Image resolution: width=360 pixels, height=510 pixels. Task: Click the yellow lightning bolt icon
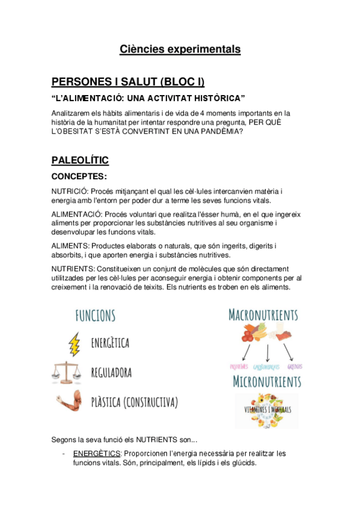75,343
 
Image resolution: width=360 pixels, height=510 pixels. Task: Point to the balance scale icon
67,373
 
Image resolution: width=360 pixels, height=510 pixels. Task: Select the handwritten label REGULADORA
112,373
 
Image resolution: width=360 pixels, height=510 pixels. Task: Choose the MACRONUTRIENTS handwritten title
263,315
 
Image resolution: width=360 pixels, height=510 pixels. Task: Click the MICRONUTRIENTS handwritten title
266,381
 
